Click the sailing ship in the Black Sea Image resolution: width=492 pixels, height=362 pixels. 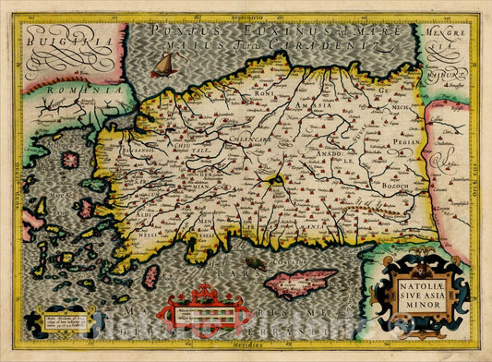click(x=163, y=64)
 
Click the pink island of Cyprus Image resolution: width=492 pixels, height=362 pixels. click(x=301, y=279)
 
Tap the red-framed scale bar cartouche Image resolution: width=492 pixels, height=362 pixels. click(x=203, y=312)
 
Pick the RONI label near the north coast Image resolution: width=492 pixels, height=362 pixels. click(x=262, y=92)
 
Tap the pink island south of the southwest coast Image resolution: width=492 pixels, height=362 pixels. click(x=150, y=276)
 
